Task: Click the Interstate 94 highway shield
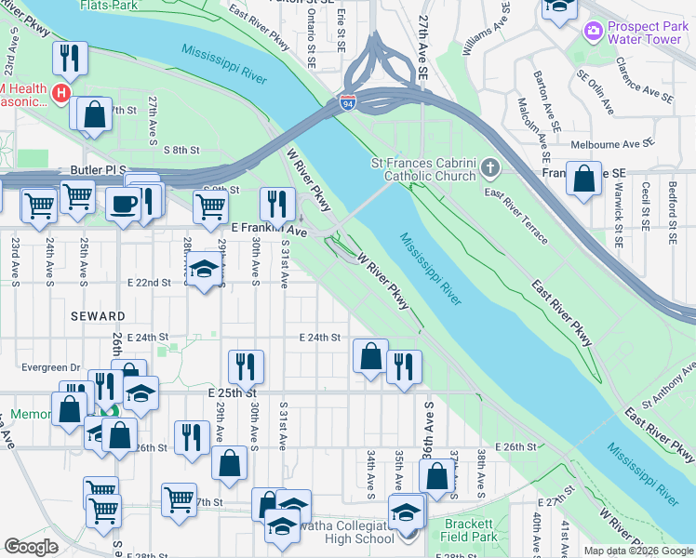coord(348,104)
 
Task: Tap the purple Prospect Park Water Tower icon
coord(593,33)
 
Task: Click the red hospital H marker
coord(61,93)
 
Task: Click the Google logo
coord(31,547)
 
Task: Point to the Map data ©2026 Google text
coord(637,551)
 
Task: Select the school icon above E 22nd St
coord(204,271)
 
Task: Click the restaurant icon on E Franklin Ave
coord(276,203)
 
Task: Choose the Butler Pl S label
coord(98,171)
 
